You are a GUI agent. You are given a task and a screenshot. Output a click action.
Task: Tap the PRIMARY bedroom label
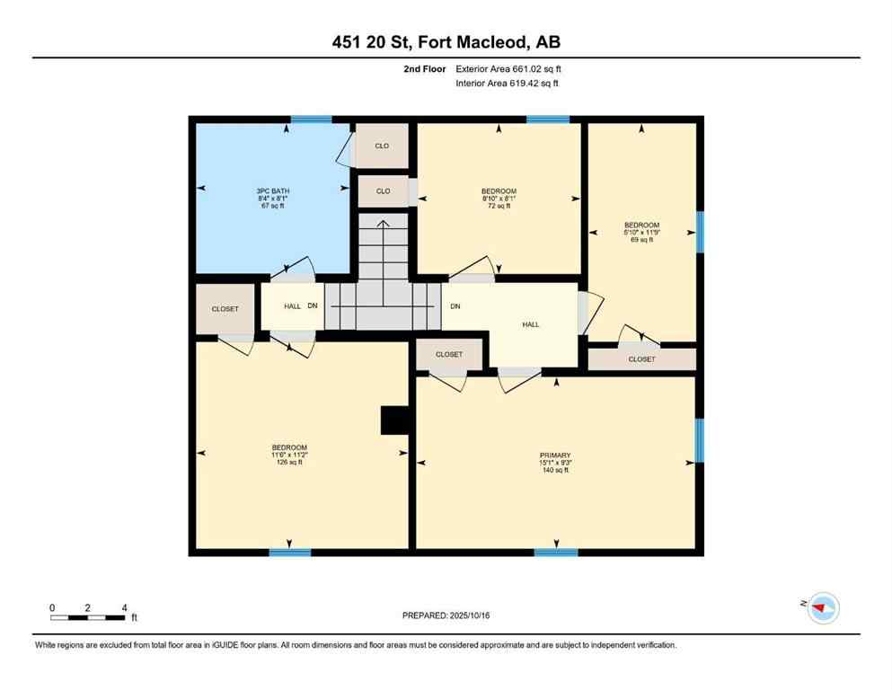[555, 462]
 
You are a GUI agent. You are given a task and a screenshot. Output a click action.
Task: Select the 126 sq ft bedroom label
[289, 455]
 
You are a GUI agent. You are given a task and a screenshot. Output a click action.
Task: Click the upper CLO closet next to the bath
[383, 146]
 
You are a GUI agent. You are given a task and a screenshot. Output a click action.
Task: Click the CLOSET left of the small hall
[225, 309]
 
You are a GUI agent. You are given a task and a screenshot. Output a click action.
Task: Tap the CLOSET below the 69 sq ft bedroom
[641, 359]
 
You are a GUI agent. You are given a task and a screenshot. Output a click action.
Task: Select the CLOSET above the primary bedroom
[449, 355]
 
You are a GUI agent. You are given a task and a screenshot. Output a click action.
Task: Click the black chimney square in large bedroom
[393, 420]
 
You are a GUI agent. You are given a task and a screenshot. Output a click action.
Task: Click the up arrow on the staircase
[382, 225]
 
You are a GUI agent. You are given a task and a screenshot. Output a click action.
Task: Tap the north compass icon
[823, 608]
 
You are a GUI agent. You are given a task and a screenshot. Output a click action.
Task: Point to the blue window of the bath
[311, 119]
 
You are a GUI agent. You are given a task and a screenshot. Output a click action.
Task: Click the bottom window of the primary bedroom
[555, 552]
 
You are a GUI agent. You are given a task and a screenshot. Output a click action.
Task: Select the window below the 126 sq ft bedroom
[289, 552]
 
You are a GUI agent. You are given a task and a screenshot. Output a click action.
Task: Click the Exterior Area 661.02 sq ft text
[508, 68]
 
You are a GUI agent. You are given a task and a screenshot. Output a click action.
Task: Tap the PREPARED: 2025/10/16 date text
[446, 615]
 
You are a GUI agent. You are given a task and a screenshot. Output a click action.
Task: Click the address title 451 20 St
[446, 42]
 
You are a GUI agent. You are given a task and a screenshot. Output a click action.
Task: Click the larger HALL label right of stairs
[531, 324]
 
